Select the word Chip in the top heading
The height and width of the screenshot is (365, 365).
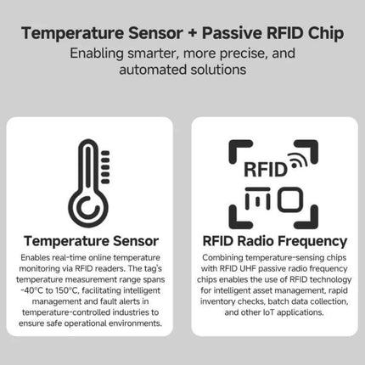[x=323, y=35]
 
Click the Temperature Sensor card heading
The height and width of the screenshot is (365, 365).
[x=90, y=241]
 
